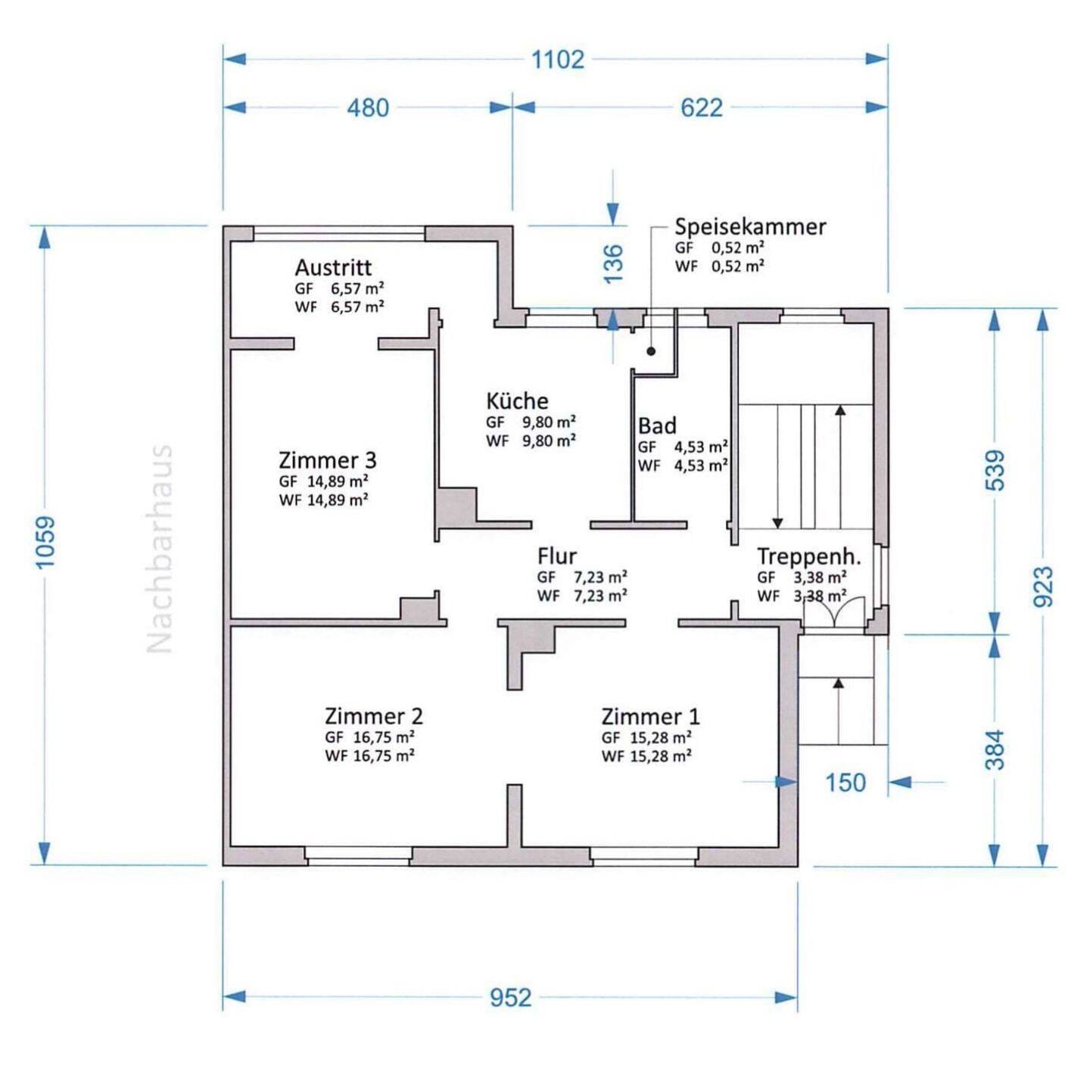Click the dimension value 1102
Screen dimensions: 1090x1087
(558, 59)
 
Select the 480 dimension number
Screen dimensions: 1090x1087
(368, 107)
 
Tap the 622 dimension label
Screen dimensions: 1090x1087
(702, 107)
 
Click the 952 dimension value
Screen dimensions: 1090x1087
(511, 998)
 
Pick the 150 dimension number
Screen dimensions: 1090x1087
(846, 783)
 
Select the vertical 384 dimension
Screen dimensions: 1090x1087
(995, 749)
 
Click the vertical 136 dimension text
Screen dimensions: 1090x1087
(614, 263)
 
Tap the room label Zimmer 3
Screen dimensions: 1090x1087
(328, 460)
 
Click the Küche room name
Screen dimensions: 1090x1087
(517, 400)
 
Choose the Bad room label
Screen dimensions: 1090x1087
(657, 425)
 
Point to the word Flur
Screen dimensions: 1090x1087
(556, 556)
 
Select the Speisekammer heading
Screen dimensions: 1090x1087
(750, 227)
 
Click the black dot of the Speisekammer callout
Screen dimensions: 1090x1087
(651, 351)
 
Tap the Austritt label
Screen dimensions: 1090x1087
(333, 266)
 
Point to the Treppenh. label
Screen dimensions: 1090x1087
(808, 557)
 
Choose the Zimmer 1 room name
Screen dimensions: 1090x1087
(650, 717)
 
